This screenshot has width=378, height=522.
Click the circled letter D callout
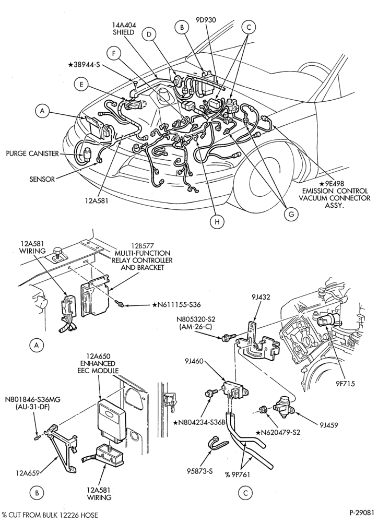click(149, 34)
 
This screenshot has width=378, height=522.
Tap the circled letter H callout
click(217, 222)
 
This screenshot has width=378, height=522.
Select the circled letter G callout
click(291, 215)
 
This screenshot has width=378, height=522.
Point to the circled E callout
click(81, 85)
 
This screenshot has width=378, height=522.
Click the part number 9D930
click(206, 20)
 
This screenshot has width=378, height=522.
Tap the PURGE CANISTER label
click(32, 153)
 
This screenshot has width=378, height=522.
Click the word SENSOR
click(42, 179)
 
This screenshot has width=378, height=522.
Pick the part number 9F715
click(345, 384)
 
